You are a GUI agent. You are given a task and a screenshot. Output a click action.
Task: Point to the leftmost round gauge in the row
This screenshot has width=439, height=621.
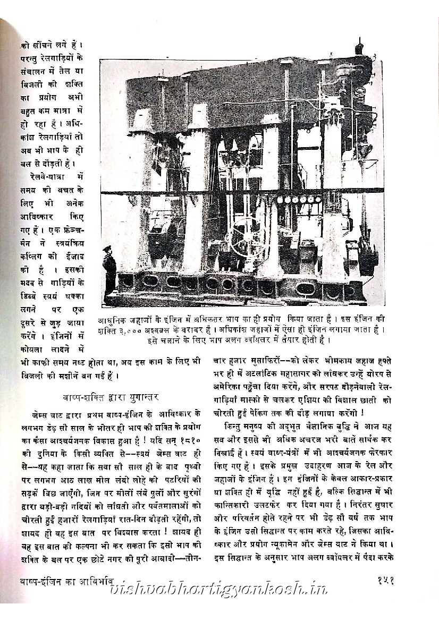tap(280, 200)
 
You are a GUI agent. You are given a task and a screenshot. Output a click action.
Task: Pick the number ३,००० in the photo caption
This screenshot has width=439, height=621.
tap(132, 330)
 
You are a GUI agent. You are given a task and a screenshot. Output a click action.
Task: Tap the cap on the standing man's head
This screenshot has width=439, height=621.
tap(108, 248)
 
